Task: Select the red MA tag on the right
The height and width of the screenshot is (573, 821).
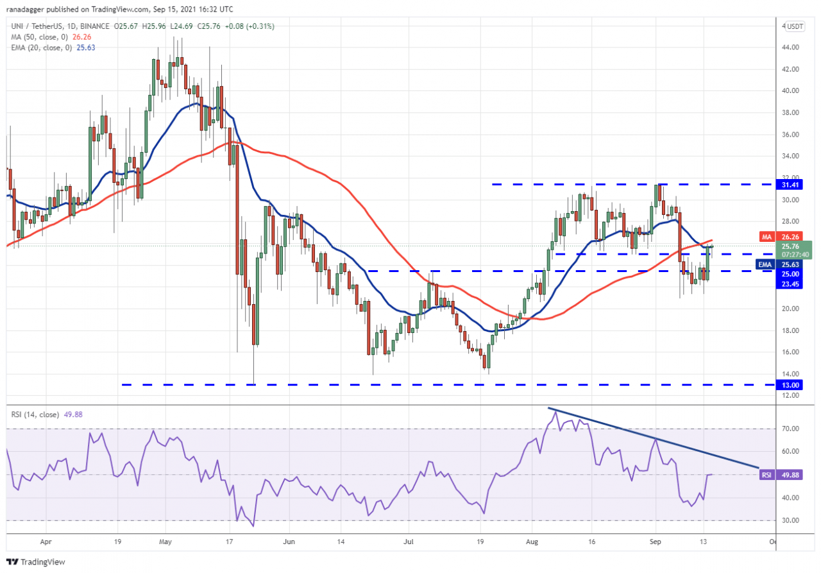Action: click(766, 237)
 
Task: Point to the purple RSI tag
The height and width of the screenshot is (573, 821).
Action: click(766, 475)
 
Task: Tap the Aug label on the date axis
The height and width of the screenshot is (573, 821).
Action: click(532, 542)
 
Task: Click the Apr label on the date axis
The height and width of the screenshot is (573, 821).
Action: click(45, 542)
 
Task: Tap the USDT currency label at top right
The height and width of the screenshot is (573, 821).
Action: click(795, 26)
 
